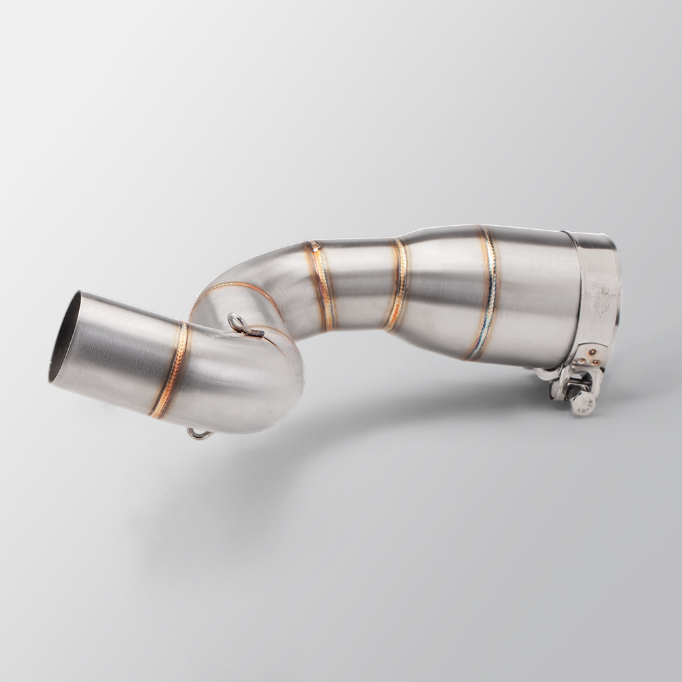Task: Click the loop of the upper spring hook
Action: tap(235, 321)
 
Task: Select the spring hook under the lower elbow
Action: tap(197, 434)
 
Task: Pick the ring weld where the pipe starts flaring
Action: tap(397, 283)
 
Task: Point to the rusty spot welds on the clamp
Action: tap(591, 355)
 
